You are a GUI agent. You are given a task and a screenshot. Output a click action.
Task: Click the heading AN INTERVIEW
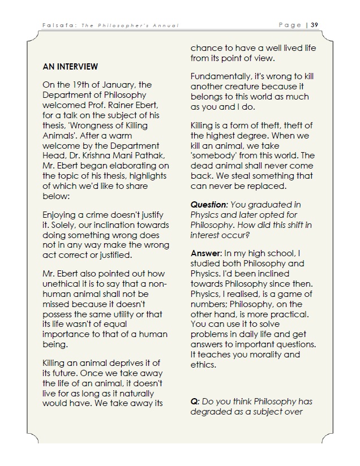click(70, 66)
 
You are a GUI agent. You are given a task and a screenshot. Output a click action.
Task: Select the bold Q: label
click(195, 402)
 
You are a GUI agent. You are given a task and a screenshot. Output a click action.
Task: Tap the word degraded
click(211, 411)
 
